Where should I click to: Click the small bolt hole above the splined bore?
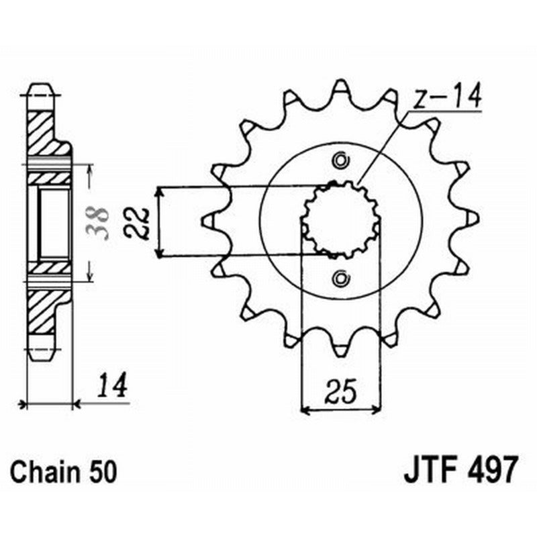[x=341, y=160]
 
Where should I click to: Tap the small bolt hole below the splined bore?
[x=341, y=278]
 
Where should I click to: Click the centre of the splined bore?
[x=341, y=219]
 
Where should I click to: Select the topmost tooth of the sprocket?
[x=341, y=87]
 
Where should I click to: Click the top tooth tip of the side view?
[x=39, y=89]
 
